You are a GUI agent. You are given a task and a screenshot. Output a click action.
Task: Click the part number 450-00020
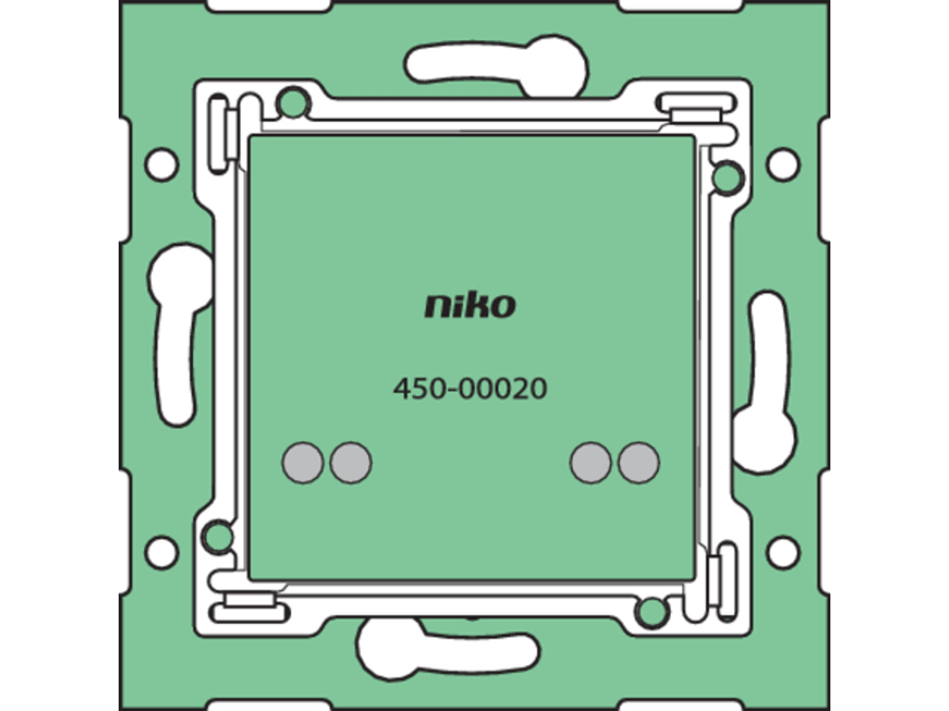point(470,389)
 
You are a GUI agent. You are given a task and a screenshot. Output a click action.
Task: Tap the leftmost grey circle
point(302,462)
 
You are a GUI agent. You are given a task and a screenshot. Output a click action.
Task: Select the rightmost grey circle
point(639,462)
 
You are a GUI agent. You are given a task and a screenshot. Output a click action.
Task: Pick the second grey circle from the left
point(351,462)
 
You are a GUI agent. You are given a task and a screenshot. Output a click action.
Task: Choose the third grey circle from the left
point(591,462)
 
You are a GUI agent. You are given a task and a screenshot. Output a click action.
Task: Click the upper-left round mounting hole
point(162,165)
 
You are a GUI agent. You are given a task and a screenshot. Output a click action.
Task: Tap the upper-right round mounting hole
point(783,165)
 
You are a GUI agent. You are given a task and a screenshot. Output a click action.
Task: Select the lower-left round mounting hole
point(162,553)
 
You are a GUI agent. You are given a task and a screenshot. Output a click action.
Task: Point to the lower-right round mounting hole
point(783,553)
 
